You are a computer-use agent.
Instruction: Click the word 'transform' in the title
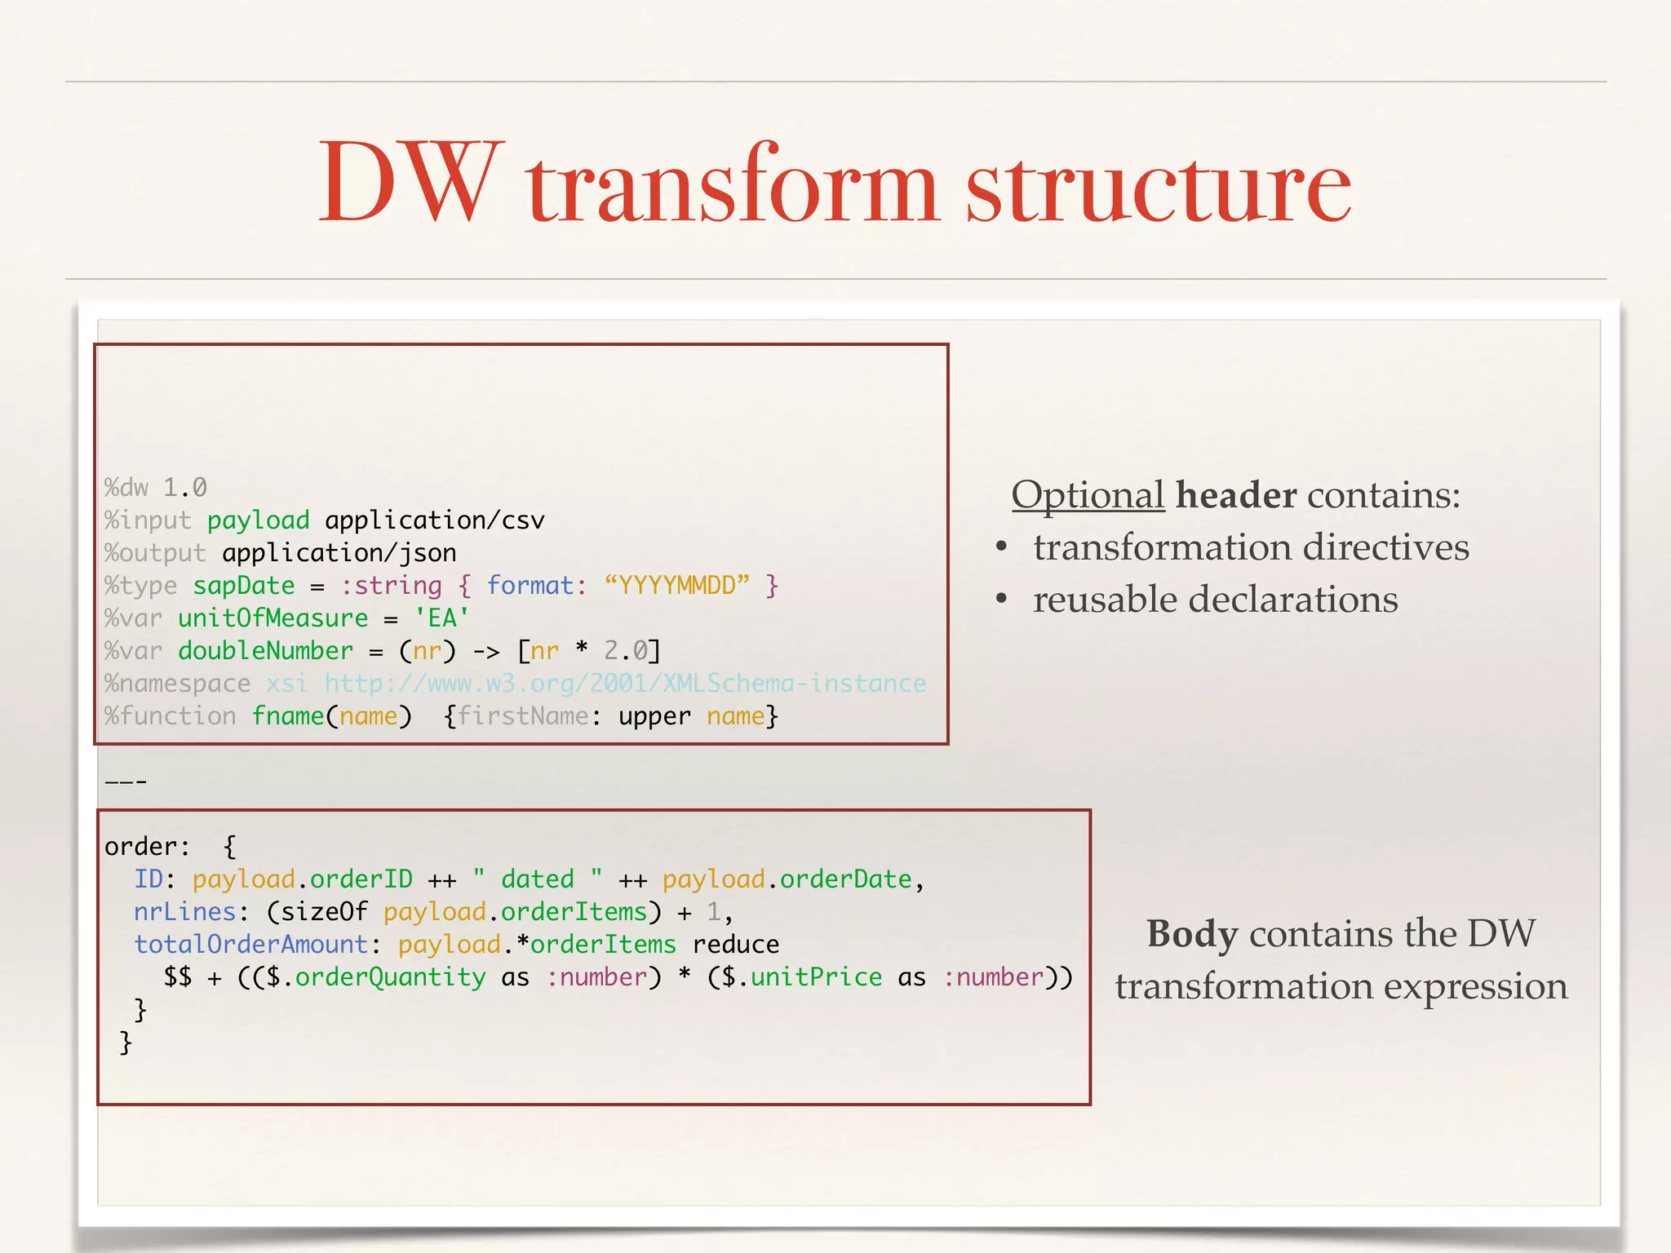tap(732, 186)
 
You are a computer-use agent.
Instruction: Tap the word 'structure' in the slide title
tap(1158, 186)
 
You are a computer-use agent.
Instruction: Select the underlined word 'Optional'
tap(1088, 495)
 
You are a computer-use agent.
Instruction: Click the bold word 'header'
tap(1235, 495)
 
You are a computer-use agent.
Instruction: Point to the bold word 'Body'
tap(1191, 934)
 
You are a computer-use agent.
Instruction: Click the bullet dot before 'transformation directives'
tap(1002, 547)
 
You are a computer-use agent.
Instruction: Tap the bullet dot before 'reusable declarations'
tap(1002, 600)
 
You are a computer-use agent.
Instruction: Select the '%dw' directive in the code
tap(126, 488)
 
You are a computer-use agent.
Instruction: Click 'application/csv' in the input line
tap(434, 520)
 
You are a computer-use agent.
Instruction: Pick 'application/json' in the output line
tap(339, 553)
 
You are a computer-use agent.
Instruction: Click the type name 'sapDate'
tap(243, 586)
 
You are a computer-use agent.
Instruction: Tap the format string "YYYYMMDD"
tap(676, 586)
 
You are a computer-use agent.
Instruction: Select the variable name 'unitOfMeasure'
tap(273, 618)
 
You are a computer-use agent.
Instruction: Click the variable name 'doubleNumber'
tap(265, 651)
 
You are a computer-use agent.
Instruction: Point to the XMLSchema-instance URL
tap(625, 684)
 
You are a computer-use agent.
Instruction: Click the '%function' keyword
tap(170, 716)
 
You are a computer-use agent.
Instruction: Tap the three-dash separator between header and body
tap(126, 782)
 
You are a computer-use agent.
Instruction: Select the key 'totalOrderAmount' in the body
tap(250, 945)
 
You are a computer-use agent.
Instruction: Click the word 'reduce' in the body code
tap(735, 945)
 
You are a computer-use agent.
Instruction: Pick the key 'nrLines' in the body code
tap(185, 912)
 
